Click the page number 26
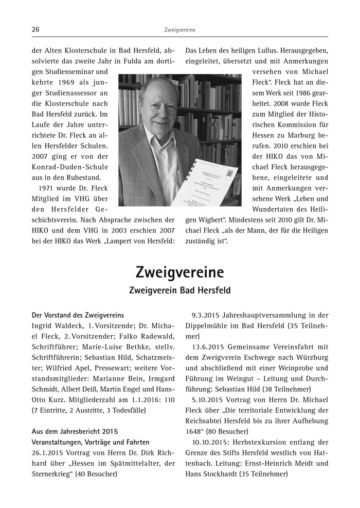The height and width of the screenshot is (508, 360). [36, 30]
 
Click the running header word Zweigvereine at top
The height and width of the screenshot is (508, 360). [180, 30]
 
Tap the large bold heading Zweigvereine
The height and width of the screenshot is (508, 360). [179, 271]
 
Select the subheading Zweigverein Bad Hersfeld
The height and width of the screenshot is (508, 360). [179, 291]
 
